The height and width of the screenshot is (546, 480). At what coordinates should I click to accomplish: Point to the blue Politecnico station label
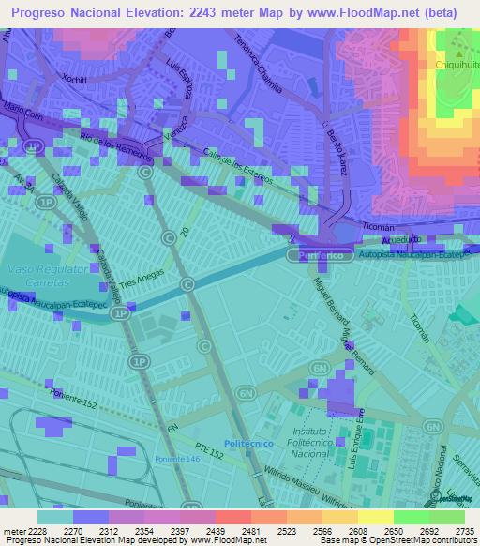coord(248,443)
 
